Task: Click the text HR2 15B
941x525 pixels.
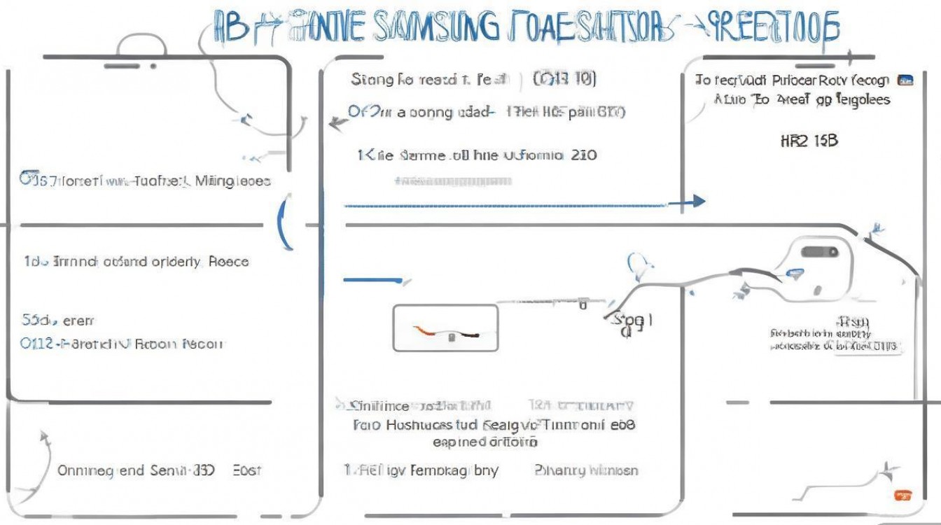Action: (x=808, y=141)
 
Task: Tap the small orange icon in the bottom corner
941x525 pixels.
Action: (x=903, y=496)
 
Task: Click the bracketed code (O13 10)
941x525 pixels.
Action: (x=564, y=79)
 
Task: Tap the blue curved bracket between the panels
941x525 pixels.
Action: (x=286, y=224)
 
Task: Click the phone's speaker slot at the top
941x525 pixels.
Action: (x=122, y=66)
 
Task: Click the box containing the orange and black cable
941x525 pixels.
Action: (x=445, y=328)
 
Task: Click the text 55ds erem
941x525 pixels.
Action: (x=57, y=321)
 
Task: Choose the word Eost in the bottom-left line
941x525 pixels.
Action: (x=246, y=470)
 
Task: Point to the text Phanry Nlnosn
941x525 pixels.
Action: (x=586, y=470)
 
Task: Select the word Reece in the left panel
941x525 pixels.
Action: (x=228, y=262)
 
